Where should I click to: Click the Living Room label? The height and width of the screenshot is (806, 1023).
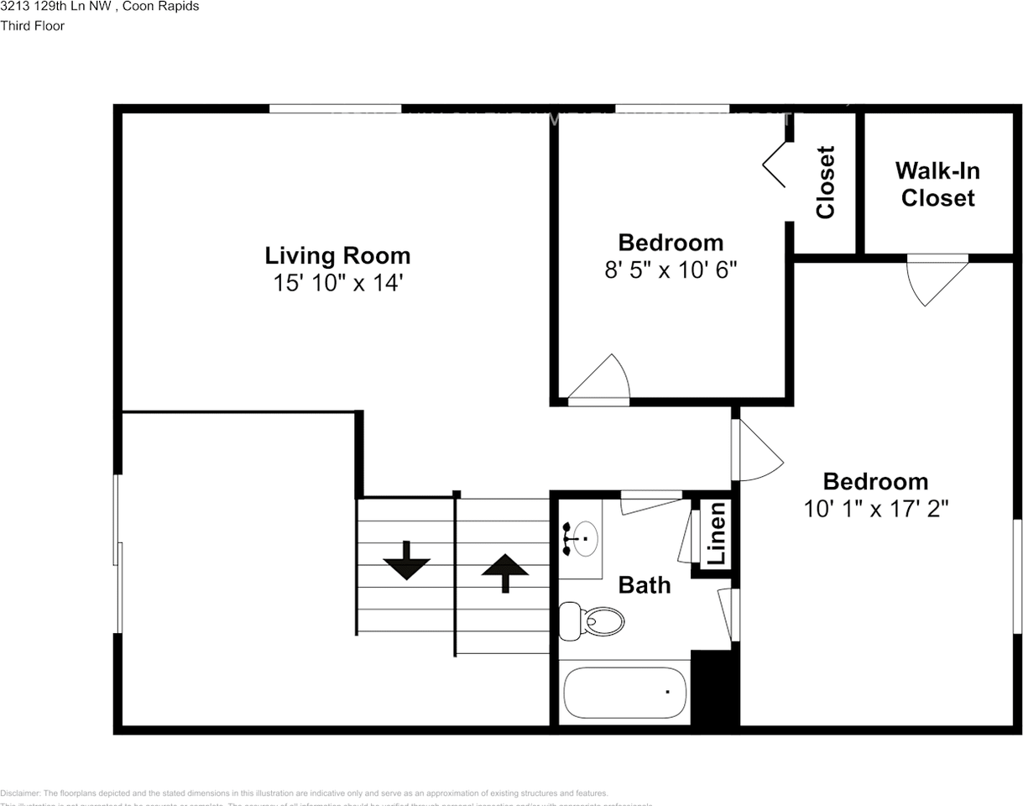pyautogui.click(x=337, y=255)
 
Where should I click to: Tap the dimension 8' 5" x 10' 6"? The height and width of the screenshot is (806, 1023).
pyautogui.click(x=671, y=270)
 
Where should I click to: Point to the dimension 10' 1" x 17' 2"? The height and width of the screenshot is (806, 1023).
pyautogui.click(x=875, y=509)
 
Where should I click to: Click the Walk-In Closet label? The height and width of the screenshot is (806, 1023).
pyautogui.click(x=937, y=184)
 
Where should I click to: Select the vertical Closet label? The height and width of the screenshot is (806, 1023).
pyautogui.click(x=826, y=182)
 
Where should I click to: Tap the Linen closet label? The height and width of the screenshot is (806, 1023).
pyautogui.click(x=716, y=533)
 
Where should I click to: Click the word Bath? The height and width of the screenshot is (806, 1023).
pyautogui.click(x=645, y=585)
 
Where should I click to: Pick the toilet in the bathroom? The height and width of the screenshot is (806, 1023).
pyautogui.click(x=593, y=620)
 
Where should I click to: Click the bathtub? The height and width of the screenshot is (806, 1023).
pyautogui.click(x=625, y=693)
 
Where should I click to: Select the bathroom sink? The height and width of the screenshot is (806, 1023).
pyautogui.click(x=582, y=537)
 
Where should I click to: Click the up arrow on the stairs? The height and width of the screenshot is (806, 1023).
pyautogui.click(x=504, y=573)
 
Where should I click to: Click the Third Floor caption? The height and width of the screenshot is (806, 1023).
pyautogui.click(x=33, y=26)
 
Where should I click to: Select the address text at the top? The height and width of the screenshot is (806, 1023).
pyautogui.click(x=100, y=7)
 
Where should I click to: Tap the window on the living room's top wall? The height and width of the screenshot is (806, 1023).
pyautogui.click(x=335, y=108)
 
